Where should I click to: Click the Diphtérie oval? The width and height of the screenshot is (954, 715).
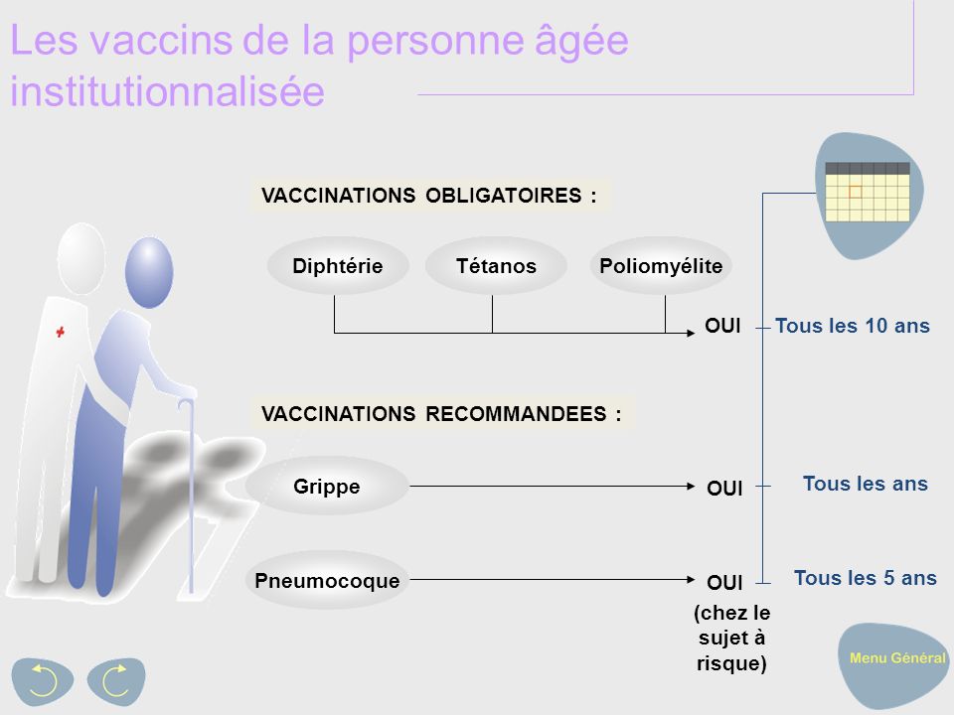338,266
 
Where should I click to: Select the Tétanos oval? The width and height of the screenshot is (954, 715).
496,266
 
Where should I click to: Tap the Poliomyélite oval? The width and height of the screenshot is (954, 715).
662,266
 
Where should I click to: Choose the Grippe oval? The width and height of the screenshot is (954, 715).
327,487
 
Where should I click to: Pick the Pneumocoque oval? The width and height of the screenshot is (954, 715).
327,580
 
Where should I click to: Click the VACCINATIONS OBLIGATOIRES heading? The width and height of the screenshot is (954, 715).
429,196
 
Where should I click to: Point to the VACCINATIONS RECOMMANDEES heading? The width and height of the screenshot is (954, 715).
441,414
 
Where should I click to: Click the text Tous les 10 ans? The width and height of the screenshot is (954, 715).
852,326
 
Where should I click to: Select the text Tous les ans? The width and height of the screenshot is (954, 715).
865,484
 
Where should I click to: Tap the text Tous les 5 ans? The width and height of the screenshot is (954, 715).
865,578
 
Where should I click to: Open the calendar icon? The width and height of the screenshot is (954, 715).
868,191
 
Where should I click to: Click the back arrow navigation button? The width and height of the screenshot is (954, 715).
43,679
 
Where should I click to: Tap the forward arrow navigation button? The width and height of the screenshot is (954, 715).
115,681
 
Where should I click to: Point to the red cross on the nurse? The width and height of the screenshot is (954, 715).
61,335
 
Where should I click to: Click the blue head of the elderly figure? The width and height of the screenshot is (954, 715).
149,272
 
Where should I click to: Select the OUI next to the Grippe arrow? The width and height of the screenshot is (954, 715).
724,489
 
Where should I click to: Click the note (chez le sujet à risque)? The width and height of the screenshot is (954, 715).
731,638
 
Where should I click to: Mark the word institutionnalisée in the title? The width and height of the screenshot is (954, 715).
167,92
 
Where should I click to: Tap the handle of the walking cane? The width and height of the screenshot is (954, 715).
186,406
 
